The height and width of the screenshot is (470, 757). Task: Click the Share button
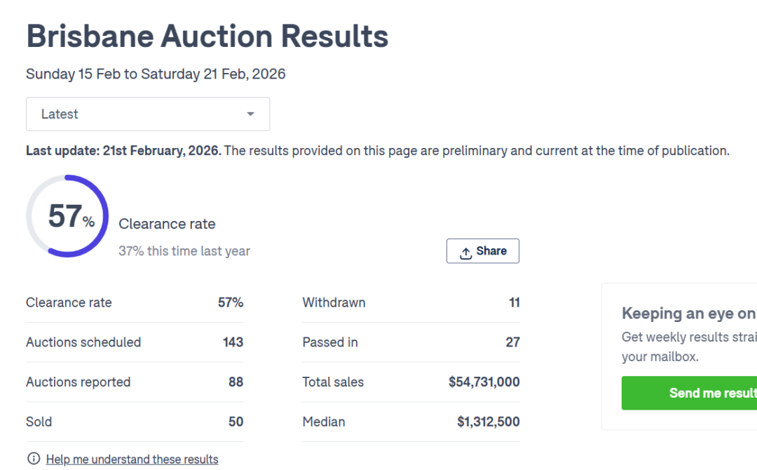(x=483, y=251)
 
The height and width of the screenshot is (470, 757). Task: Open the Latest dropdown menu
(x=148, y=114)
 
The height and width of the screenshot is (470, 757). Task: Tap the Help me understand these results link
(x=132, y=459)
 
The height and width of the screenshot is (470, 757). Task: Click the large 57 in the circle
(x=64, y=216)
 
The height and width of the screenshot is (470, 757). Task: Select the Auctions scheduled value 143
(x=233, y=342)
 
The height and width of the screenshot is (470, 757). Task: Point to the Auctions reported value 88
(x=236, y=382)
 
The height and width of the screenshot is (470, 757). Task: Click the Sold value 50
(x=236, y=422)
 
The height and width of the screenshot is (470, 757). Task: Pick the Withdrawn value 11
(x=514, y=302)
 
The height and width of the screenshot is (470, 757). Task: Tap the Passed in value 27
(x=512, y=342)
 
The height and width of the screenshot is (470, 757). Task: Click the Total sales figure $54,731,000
(x=484, y=382)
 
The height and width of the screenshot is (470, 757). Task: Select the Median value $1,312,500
(x=489, y=422)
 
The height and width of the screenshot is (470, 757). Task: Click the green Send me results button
(x=689, y=393)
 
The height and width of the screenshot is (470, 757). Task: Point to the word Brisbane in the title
(x=88, y=36)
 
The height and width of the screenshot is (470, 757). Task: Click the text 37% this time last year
(x=184, y=251)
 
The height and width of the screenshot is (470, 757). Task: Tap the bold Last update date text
(x=123, y=150)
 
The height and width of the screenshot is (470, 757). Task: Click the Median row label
(x=324, y=422)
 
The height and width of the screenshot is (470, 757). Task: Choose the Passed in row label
(x=330, y=342)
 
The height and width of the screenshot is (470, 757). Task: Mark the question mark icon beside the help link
(x=33, y=459)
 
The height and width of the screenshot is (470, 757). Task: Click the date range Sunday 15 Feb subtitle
(x=156, y=74)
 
